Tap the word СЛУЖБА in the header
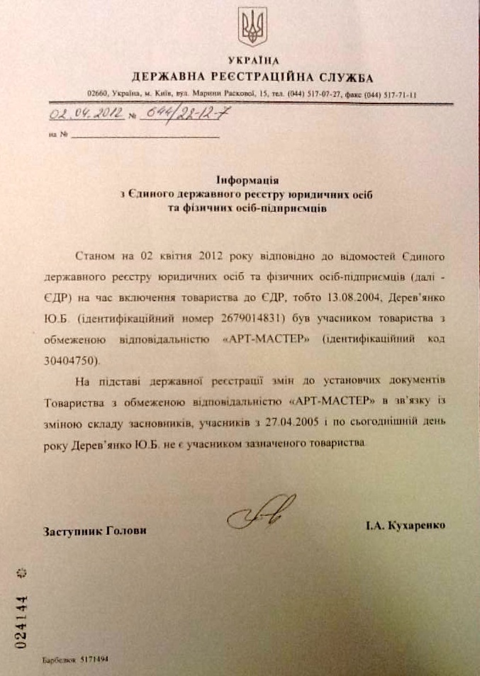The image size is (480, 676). click(x=344, y=78)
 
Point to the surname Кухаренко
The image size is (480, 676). click(x=414, y=526)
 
